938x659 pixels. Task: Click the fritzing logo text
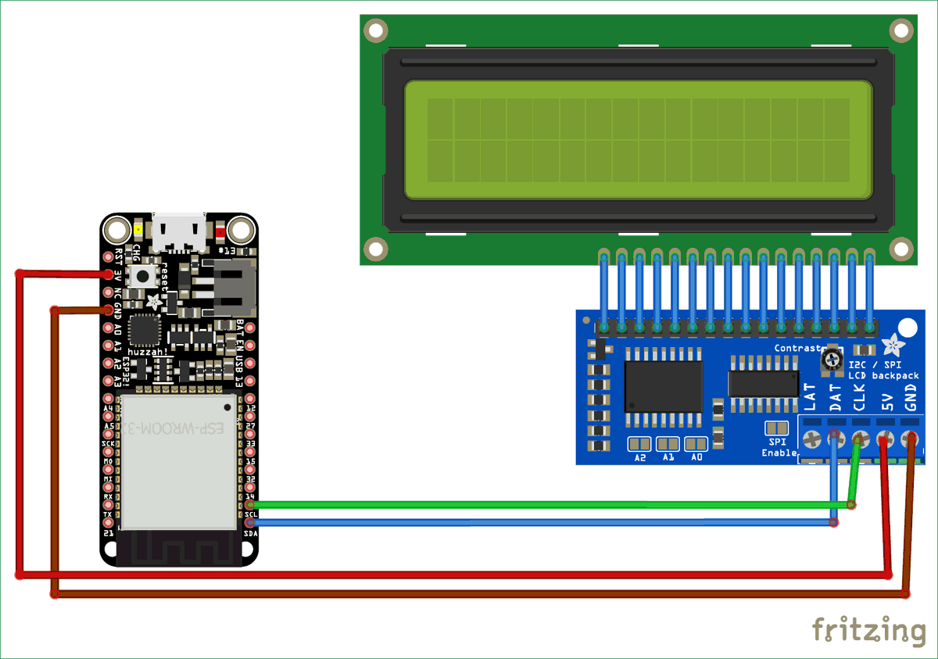click(868, 629)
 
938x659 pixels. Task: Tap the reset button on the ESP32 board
click(144, 275)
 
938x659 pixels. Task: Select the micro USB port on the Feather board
click(179, 233)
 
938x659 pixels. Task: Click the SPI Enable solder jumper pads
click(776, 428)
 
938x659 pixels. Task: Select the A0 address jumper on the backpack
click(696, 444)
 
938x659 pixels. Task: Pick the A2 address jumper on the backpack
click(640, 444)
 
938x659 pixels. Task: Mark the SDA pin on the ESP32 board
click(250, 522)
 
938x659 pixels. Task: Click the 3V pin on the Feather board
click(108, 274)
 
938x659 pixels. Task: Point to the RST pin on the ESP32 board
click(108, 256)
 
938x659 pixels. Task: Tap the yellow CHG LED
click(138, 231)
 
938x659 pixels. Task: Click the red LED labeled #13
click(220, 231)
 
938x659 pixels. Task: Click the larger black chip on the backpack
click(663, 386)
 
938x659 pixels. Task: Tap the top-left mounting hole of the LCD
click(376, 30)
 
